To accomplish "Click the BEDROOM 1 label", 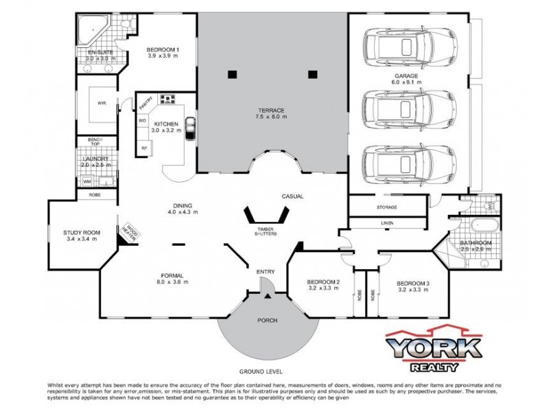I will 163,50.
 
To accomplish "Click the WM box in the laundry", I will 87,182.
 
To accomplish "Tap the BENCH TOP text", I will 95,143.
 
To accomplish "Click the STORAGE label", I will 388,207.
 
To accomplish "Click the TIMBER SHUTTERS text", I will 268,231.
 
